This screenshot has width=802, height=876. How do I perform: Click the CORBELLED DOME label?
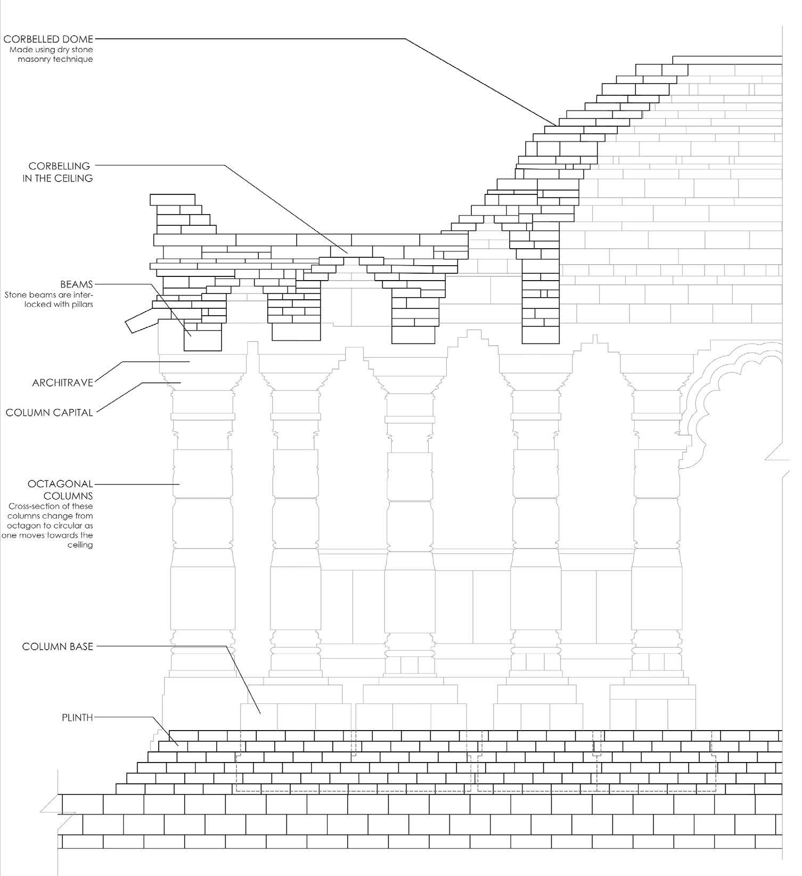[48, 39]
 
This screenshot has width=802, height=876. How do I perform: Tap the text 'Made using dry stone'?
[51, 50]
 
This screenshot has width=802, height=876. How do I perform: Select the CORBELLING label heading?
[59, 166]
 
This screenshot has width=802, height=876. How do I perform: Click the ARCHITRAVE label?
[62, 382]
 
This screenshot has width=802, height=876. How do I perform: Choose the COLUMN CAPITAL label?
[49, 412]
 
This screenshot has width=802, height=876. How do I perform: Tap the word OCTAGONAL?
[60, 484]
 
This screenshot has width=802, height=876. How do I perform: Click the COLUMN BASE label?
[58, 646]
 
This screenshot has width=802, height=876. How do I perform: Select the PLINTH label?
[77, 717]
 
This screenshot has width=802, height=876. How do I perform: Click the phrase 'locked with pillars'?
[59, 304]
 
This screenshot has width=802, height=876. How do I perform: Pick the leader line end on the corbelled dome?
[556, 125]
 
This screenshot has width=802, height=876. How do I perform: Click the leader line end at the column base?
[260, 713]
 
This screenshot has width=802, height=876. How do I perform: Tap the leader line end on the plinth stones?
[177, 744]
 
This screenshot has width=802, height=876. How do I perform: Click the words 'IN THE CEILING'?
[58, 178]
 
